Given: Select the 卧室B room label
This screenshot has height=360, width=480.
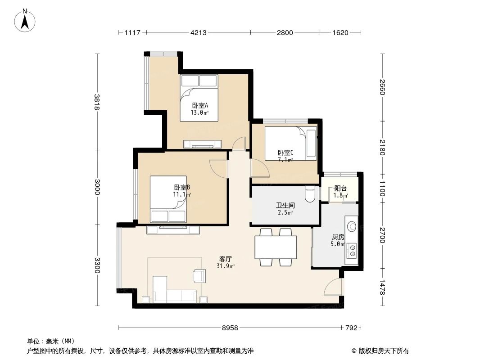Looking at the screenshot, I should pyautogui.click(x=182, y=188).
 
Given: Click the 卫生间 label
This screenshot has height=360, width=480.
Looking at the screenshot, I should pyautogui.click(x=285, y=205).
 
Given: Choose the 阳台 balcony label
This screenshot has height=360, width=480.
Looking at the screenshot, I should pyautogui.click(x=340, y=189).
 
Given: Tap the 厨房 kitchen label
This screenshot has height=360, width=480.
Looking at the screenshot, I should pyautogui.click(x=338, y=237).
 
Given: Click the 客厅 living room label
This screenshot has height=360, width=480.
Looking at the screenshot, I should pyautogui.click(x=225, y=259).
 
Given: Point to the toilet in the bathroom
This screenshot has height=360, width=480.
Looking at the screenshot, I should pyautogui.click(x=309, y=194).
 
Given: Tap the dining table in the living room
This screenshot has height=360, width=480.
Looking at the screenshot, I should pyautogui.click(x=276, y=247).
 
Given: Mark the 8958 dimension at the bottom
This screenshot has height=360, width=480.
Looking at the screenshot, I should pyautogui.click(x=230, y=328).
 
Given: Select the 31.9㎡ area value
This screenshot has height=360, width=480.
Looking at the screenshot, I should pyautogui.click(x=225, y=266).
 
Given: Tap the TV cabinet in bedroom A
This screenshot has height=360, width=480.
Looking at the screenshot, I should pyautogui.click(x=202, y=144).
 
